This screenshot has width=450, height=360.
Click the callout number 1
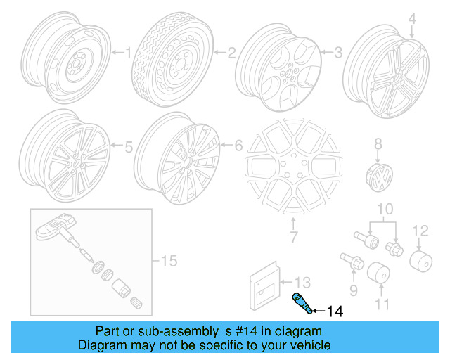click(x=127, y=51)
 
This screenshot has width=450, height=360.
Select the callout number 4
click(x=413, y=19)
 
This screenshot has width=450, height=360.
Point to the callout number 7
click(x=293, y=237)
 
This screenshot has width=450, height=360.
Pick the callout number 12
click(x=420, y=229)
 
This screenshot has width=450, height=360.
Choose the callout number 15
click(x=169, y=262)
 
